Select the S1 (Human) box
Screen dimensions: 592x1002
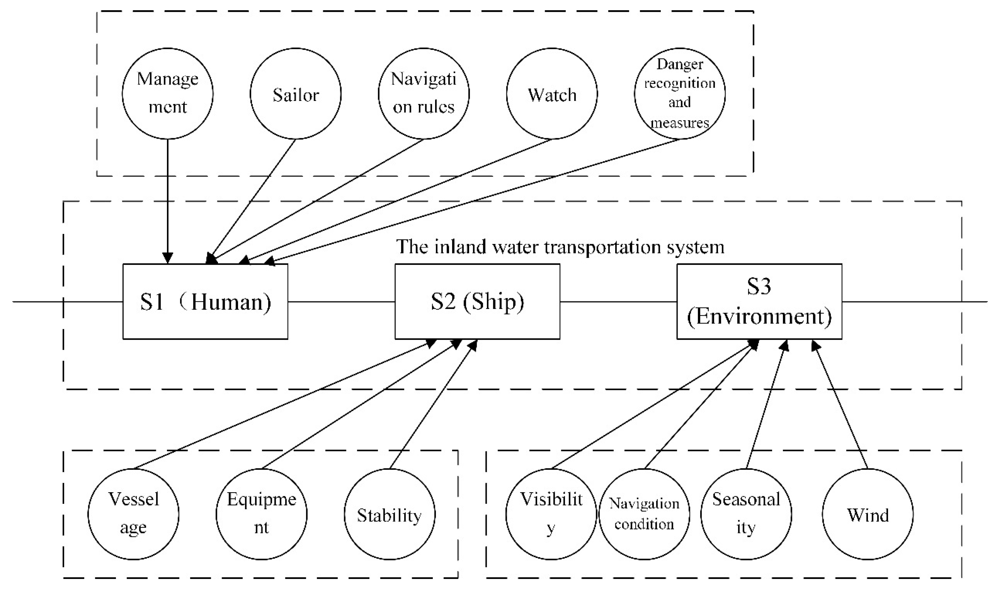pos(205,302)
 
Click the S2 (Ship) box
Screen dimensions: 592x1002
pos(477,302)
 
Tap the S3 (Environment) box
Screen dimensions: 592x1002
pos(759,302)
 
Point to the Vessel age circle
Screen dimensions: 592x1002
pos(133,514)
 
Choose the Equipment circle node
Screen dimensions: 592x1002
pos(262,514)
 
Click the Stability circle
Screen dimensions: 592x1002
pos(389,514)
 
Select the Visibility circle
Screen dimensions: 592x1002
pos(551,514)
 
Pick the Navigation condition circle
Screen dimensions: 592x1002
pos(644,514)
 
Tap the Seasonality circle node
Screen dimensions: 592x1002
pos(746,514)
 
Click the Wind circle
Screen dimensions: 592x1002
pos(868,514)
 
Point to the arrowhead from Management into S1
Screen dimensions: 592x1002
pos(168,259)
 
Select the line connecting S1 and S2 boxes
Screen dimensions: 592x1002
pos(341,302)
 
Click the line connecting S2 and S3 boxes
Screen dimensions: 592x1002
pos(618,302)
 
